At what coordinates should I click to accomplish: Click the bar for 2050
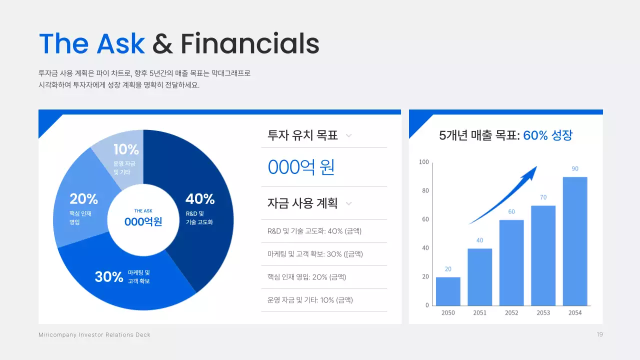(x=448, y=291)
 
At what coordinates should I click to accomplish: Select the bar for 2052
(x=511, y=262)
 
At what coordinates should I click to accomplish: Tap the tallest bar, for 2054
(x=575, y=241)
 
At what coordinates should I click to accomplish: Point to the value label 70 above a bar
(x=543, y=197)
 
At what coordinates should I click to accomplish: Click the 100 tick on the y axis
(x=424, y=162)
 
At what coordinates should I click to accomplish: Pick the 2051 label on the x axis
(x=479, y=313)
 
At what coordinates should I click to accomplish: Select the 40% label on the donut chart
(x=200, y=199)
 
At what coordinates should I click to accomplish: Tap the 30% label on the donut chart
(x=109, y=276)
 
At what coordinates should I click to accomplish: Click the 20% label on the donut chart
(x=83, y=199)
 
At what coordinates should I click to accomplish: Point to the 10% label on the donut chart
(x=126, y=149)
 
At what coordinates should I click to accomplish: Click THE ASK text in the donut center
(x=143, y=211)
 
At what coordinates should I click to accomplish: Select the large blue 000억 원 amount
(x=301, y=167)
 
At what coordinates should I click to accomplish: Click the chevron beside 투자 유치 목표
(x=349, y=135)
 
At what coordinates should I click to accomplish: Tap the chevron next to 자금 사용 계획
(x=349, y=203)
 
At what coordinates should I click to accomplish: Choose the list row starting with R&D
(x=314, y=231)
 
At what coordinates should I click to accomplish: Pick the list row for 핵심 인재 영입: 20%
(x=306, y=277)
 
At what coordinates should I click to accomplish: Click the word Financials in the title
(x=250, y=43)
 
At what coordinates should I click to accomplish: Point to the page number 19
(x=599, y=334)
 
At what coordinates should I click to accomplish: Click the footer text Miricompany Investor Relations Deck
(x=94, y=335)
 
